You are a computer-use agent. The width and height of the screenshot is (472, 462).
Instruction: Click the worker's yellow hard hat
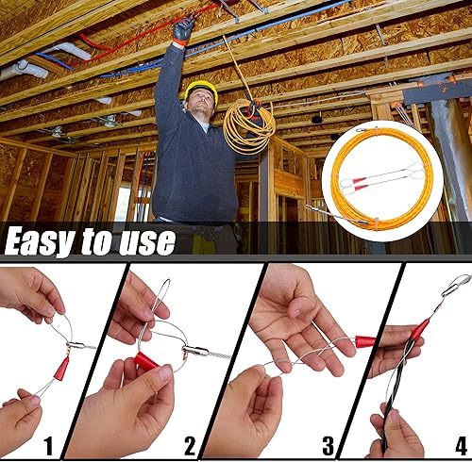click(x=201, y=89)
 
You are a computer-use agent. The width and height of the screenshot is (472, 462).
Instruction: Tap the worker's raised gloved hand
click(x=183, y=29)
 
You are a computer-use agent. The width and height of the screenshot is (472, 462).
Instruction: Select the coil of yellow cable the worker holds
click(x=248, y=127)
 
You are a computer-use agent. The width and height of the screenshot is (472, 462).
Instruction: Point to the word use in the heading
click(x=147, y=241)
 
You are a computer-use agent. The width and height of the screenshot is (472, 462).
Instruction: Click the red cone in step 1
click(x=61, y=369)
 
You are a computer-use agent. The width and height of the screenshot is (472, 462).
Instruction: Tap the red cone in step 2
click(x=146, y=361)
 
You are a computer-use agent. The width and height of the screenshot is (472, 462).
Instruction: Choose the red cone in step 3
click(x=365, y=341)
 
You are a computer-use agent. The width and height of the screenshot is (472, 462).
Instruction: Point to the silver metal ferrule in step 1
click(x=76, y=345)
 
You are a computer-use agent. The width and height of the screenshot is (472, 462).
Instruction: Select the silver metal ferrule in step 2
click(x=195, y=351)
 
